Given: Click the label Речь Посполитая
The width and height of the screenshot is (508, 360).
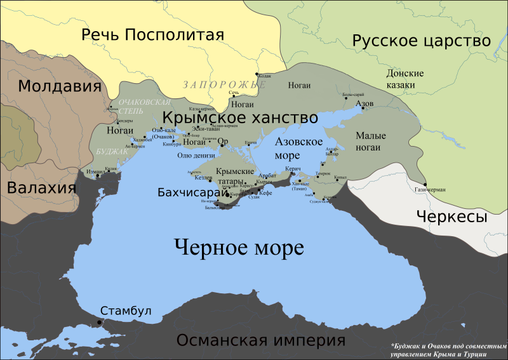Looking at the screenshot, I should tap(153, 34).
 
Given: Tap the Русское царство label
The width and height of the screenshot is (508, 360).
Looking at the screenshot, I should tap(422, 41).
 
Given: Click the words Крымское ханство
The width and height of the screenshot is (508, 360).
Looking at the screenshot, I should tap(240, 118).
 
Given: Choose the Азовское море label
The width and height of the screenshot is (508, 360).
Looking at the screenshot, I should tap(298, 148).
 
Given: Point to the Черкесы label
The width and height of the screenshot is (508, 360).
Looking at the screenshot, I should tap(451, 217).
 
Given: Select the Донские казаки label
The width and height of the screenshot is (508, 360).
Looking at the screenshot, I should tap(401, 79).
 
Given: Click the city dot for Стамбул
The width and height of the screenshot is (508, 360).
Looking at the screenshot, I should tap(99, 323).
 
